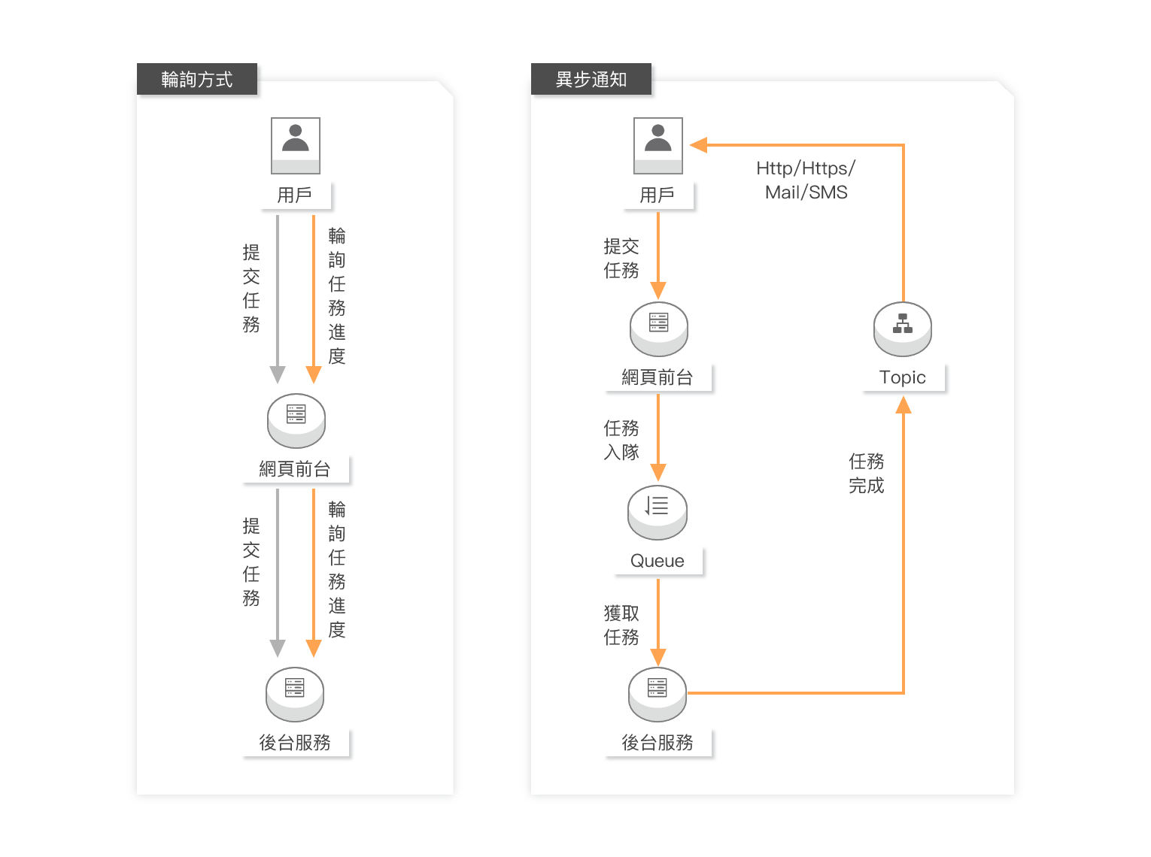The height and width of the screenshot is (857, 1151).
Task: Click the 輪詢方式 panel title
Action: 197,80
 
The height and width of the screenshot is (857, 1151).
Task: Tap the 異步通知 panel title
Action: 591,80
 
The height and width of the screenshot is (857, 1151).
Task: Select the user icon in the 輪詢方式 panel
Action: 296,145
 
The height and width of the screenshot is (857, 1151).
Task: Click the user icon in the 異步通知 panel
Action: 658,145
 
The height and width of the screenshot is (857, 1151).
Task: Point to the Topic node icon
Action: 903,329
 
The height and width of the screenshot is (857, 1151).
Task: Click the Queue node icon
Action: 657,512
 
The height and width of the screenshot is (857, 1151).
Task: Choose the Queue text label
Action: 657,561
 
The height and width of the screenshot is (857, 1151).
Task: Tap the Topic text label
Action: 903,377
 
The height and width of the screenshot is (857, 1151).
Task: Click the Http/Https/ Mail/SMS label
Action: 806,180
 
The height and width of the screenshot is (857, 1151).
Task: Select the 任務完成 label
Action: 867,474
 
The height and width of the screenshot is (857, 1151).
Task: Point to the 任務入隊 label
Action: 621,440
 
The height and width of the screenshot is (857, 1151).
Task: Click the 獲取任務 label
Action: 621,625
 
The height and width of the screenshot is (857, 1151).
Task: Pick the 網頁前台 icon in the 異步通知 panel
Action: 659,329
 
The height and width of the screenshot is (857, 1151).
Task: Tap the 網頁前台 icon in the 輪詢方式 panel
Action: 296,420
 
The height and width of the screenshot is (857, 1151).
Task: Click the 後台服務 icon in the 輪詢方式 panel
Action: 295,694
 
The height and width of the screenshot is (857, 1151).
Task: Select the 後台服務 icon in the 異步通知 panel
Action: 657,694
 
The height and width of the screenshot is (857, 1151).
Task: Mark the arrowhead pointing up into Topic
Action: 903,406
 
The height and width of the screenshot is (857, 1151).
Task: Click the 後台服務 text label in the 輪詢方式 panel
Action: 295,743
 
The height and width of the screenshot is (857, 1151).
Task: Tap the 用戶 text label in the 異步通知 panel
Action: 657,195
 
